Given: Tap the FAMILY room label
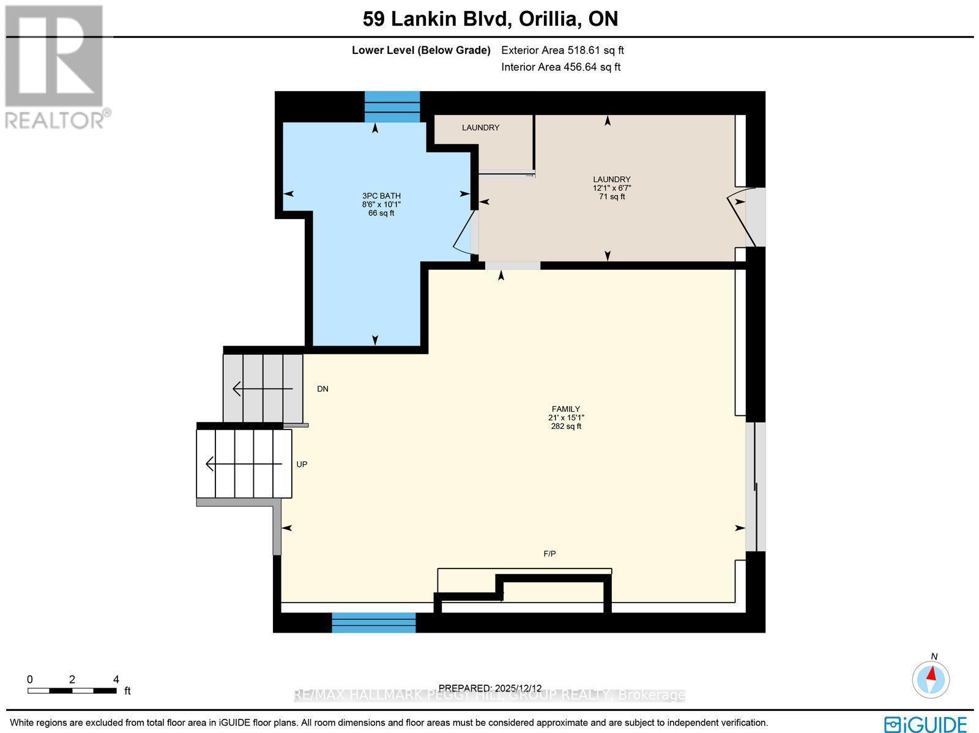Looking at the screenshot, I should tap(565, 409).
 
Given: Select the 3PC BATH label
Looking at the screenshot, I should tap(381, 196).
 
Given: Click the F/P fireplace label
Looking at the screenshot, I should tap(549, 554).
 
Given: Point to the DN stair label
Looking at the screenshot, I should tap(322, 389).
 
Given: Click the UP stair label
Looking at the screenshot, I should tap(302, 464).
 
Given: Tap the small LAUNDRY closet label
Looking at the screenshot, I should tap(480, 128).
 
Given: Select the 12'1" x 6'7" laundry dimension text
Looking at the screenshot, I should tap(611, 188).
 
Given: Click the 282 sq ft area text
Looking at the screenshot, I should tap(565, 426).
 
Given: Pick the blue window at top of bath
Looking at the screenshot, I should tap(392, 106).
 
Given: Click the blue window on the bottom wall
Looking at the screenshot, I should tap(373, 622).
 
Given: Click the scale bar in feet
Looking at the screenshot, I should tap(72, 690).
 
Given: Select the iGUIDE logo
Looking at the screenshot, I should tap(925, 724).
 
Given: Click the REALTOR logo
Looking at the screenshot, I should tap(56, 67).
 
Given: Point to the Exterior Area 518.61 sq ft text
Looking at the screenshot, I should tap(562, 51).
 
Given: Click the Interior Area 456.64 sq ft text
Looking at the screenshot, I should tap(560, 67).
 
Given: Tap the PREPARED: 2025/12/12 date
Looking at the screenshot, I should tap(490, 688).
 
